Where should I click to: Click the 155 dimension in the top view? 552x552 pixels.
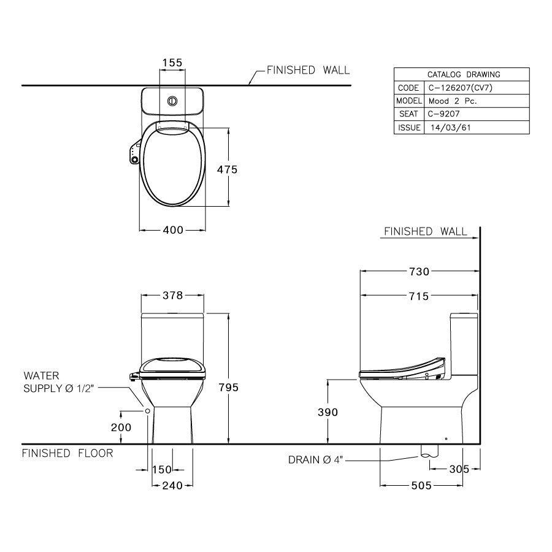172,63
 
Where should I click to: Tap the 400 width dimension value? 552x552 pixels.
172,230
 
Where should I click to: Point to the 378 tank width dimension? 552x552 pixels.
172,296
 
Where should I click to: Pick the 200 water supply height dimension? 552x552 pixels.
121,427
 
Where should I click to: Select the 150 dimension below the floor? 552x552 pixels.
162,470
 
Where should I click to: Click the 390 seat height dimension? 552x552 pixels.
327,412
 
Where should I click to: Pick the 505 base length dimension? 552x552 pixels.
421,486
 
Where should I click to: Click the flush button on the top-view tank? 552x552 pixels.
172,99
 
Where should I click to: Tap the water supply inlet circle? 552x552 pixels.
147,410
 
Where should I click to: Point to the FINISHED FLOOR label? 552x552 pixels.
67,453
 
